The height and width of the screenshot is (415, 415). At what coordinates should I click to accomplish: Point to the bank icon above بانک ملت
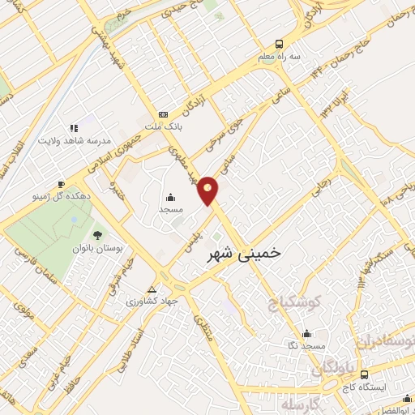click(x=164, y=114)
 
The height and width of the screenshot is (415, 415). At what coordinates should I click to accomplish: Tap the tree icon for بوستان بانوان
click(x=98, y=234)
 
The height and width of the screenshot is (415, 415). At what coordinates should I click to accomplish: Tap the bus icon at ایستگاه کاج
click(x=364, y=374)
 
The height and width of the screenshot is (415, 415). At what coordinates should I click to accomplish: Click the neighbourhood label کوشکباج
click(x=294, y=303)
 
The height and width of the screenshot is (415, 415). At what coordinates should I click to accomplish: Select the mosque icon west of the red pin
click(x=171, y=197)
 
